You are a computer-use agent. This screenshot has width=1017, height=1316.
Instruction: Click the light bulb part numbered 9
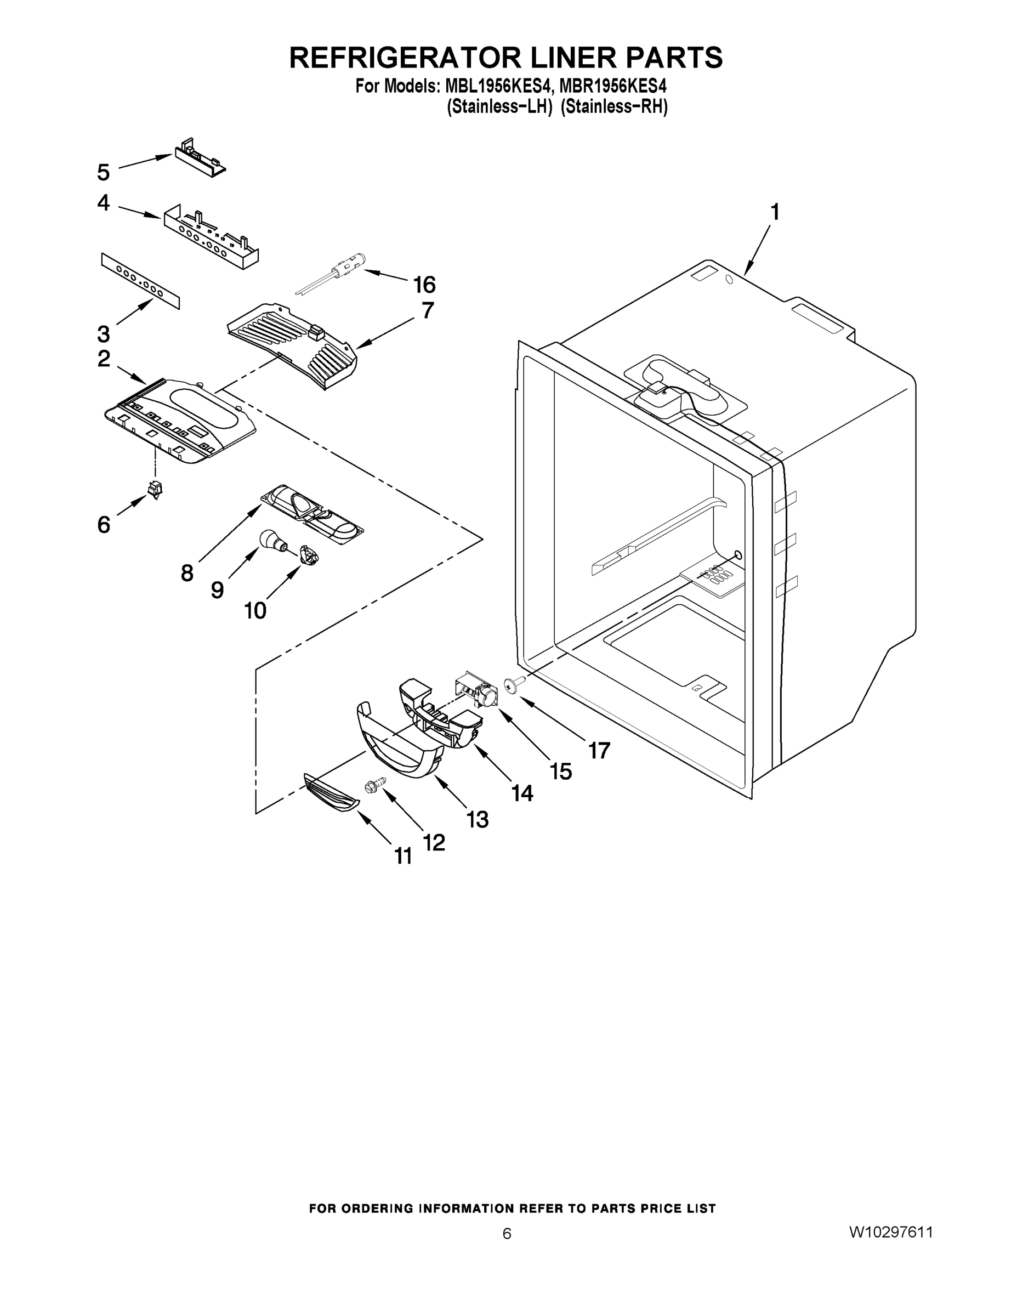point(270,538)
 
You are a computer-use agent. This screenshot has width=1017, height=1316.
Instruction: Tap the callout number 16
point(424,284)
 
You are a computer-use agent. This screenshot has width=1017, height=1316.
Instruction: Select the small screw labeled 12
point(372,784)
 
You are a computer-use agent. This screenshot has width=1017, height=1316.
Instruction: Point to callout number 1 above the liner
point(774,212)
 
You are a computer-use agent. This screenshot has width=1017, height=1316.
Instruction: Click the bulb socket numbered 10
point(309,555)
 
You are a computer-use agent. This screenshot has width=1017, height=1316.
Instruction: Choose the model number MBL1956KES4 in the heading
point(498,86)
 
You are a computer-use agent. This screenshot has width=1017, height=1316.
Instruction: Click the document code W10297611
point(890,1232)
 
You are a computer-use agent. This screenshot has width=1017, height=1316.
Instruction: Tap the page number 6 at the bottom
point(507,1233)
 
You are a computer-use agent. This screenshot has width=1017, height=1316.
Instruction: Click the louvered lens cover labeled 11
point(330,795)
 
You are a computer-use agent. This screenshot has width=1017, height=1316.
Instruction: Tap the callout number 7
point(427,310)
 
